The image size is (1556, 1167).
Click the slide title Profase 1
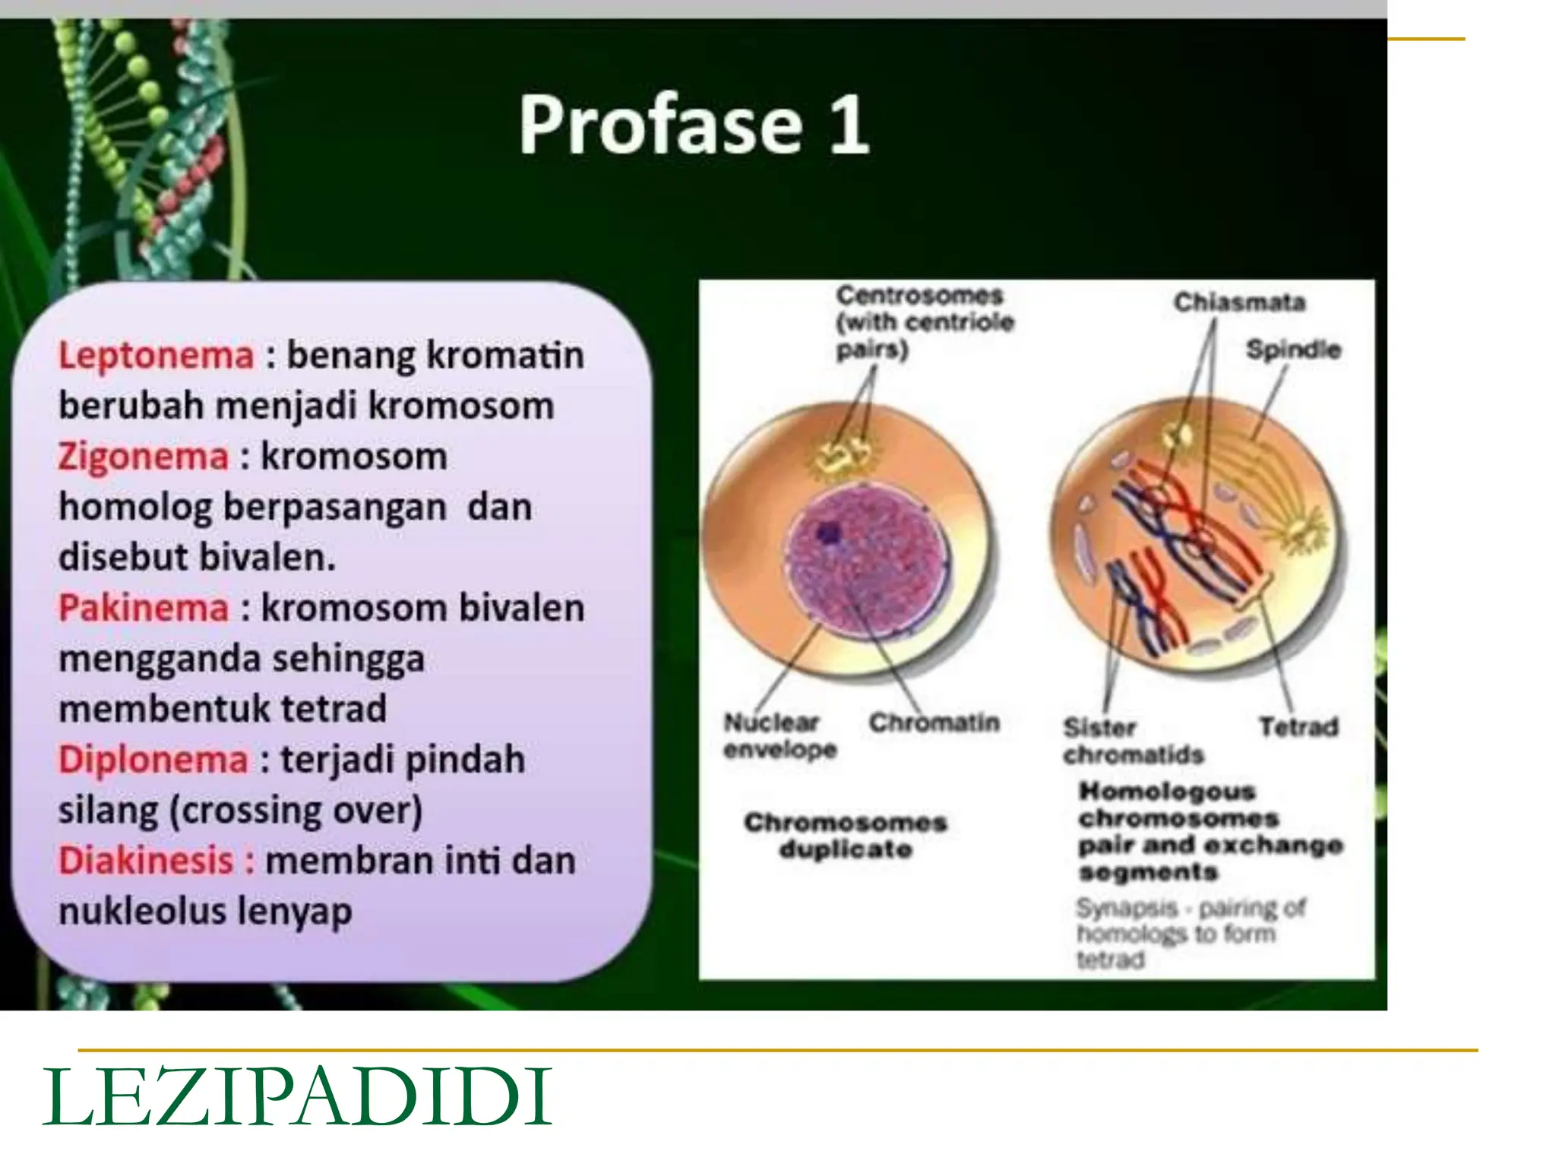pyautogui.click(x=693, y=125)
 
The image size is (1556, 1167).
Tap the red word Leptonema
pyautogui.click(x=156, y=356)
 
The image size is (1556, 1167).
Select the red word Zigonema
pyautogui.click(x=143, y=457)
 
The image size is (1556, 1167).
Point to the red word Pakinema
pyautogui.click(x=143, y=608)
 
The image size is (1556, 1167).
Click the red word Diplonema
pyautogui.click(x=153, y=759)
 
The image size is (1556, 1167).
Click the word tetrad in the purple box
pyautogui.click(x=334, y=709)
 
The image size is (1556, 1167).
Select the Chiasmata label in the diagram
pyautogui.click(x=1239, y=302)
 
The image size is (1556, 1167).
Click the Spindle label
pyautogui.click(x=1293, y=349)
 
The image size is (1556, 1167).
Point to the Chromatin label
pyautogui.click(x=934, y=723)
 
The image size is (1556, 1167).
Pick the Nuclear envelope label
pyautogui.click(x=779, y=735)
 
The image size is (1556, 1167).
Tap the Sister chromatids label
pyautogui.click(x=1132, y=741)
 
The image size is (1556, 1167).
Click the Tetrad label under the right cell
pyautogui.click(x=1298, y=727)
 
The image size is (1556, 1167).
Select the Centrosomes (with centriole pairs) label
pyautogui.click(x=924, y=322)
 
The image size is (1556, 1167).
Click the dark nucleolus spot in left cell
pyautogui.click(x=827, y=533)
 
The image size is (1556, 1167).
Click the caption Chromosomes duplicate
pyautogui.click(x=845, y=835)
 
